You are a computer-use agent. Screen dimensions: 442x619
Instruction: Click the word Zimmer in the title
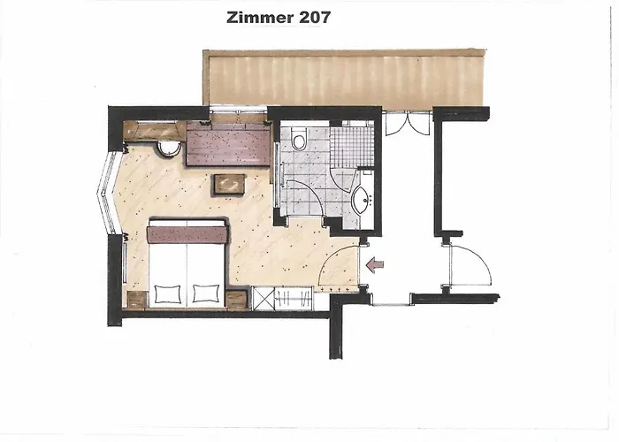(256, 17)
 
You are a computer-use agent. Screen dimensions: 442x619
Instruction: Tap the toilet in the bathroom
(299, 140)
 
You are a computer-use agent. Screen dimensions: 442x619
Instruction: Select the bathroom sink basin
(361, 202)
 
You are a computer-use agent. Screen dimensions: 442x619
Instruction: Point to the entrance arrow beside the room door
(375, 263)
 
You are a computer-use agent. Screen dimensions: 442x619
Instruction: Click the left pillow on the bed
(167, 291)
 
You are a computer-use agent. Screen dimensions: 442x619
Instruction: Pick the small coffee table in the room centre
(229, 182)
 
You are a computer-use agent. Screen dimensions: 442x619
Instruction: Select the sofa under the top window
(226, 144)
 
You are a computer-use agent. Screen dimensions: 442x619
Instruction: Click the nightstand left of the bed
(136, 299)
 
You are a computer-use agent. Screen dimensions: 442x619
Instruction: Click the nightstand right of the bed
(237, 299)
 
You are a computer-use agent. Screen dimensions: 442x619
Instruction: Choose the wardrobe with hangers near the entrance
(285, 298)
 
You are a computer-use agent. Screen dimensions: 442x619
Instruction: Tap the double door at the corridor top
(407, 124)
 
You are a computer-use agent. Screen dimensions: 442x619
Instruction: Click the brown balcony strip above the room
(345, 77)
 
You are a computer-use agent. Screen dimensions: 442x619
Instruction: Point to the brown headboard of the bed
(187, 234)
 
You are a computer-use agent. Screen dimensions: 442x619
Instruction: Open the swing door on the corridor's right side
(469, 265)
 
